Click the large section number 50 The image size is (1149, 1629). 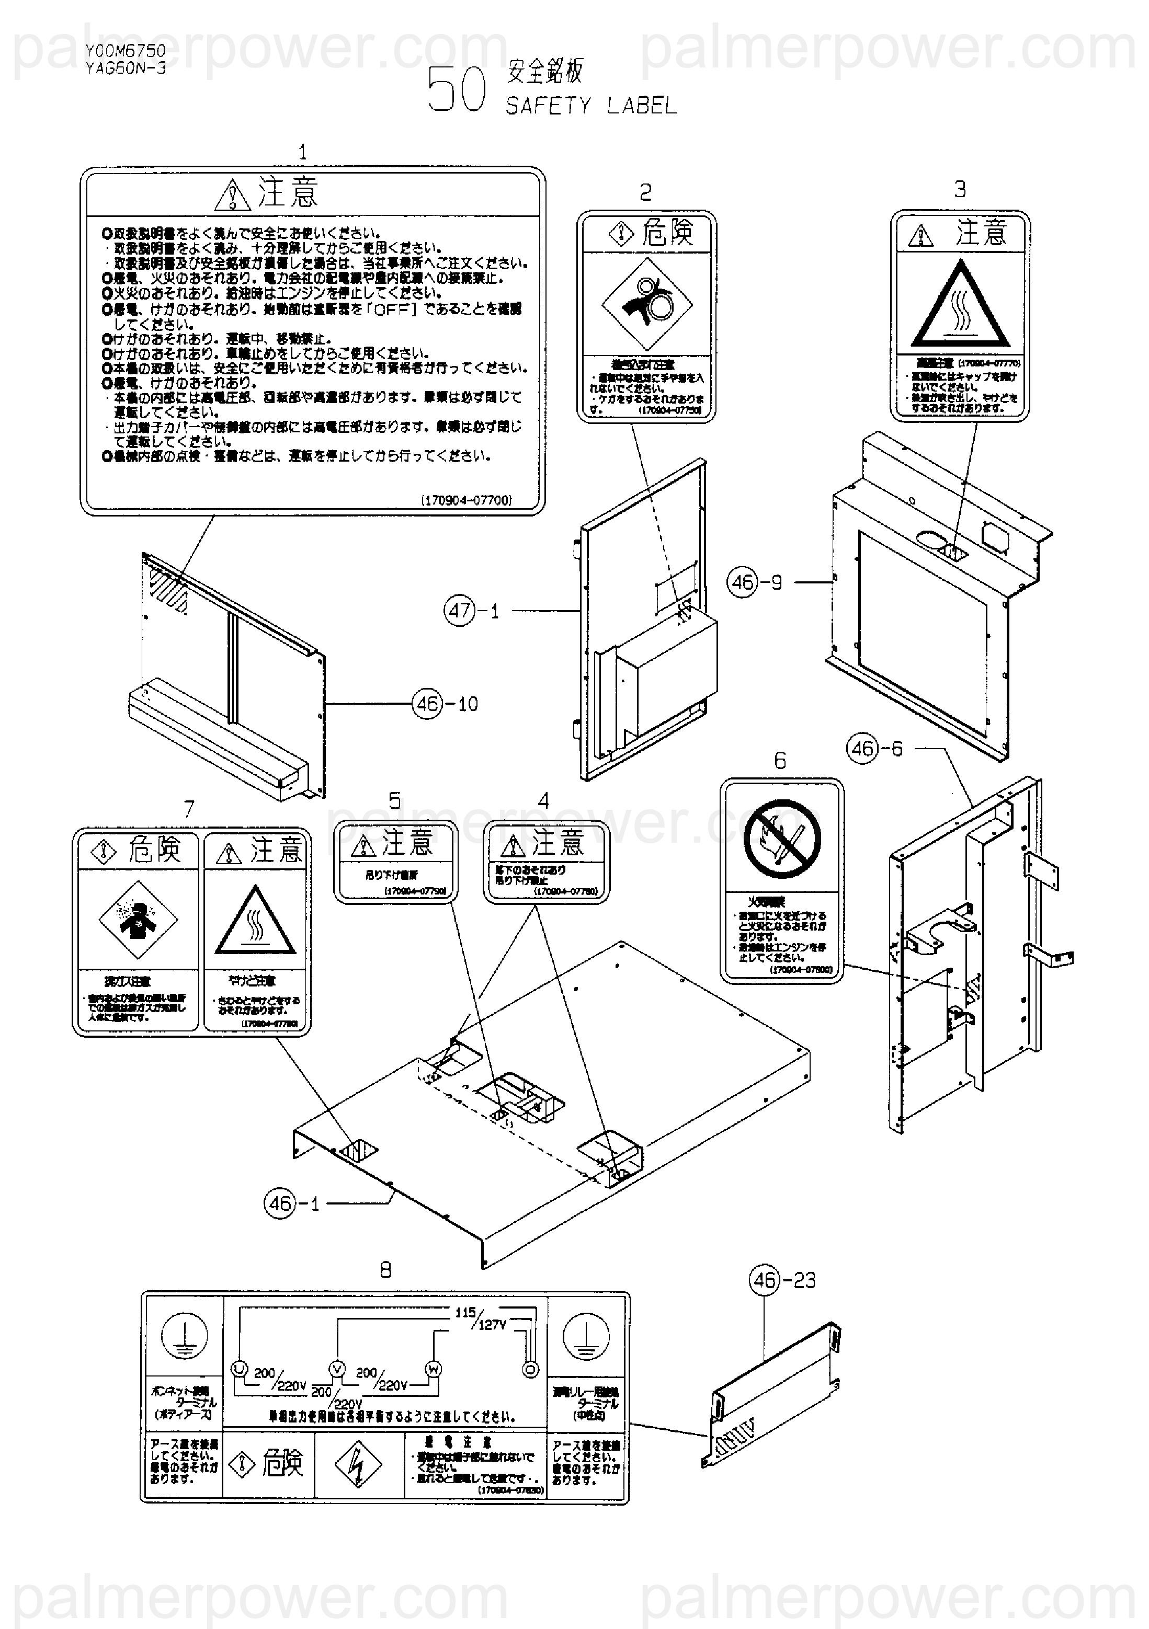[457, 90]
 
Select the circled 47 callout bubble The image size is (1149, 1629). [460, 610]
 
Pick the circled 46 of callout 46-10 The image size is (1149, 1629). [427, 704]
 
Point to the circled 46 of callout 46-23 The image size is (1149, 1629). [765, 1280]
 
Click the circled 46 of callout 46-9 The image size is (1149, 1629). [742, 582]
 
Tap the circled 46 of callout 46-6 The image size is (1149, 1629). [863, 749]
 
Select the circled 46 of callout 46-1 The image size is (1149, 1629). [280, 1203]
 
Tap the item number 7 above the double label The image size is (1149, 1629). [189, 809]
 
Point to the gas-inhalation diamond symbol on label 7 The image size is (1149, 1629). [138, 920]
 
